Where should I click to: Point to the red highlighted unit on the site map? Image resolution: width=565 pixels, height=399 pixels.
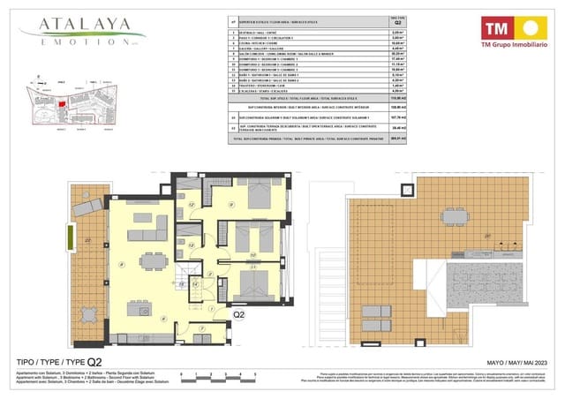[x=62, y=103]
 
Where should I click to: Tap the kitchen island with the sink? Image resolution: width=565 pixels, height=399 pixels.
[x=138, y=310]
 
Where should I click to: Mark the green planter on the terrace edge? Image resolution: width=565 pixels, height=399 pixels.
[x=68, y=238]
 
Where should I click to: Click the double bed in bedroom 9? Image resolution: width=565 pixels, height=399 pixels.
[x=257, y=196]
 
